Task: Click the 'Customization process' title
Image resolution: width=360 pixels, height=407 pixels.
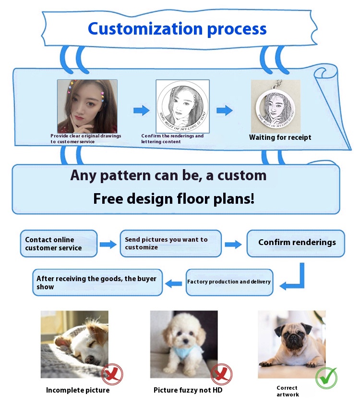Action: [x=177, y=28]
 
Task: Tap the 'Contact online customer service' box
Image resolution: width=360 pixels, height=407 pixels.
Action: [x=59, y=244]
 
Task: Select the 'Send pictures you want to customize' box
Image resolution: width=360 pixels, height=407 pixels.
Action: [x=170, y=243]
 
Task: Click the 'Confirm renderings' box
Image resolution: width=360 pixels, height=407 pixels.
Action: [x=297, y=242]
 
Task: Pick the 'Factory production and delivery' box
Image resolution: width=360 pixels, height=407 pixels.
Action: [x=229, y=282]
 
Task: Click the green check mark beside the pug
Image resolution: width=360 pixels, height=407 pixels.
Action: [x=326, y=378]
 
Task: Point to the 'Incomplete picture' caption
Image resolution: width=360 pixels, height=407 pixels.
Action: [x=78, y=390]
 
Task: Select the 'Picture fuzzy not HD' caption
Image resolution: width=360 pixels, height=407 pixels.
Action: [x=188, y=390]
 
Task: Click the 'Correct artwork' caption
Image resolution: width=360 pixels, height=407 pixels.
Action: [x=288, y=391]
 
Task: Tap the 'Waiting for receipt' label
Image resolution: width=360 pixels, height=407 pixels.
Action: [x=280, y=137]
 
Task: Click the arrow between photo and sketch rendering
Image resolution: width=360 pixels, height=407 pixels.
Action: [x=141, y=111]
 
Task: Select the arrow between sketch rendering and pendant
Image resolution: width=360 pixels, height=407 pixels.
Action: [x=224, y=111]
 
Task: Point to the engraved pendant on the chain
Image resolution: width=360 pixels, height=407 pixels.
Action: [x=275, y=108]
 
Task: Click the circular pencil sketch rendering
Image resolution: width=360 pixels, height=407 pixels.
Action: [x=182, y=106]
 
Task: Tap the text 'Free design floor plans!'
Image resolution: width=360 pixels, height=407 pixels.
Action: [x=174, y=198]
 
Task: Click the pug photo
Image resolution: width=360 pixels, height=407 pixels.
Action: [x=291, y=344]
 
